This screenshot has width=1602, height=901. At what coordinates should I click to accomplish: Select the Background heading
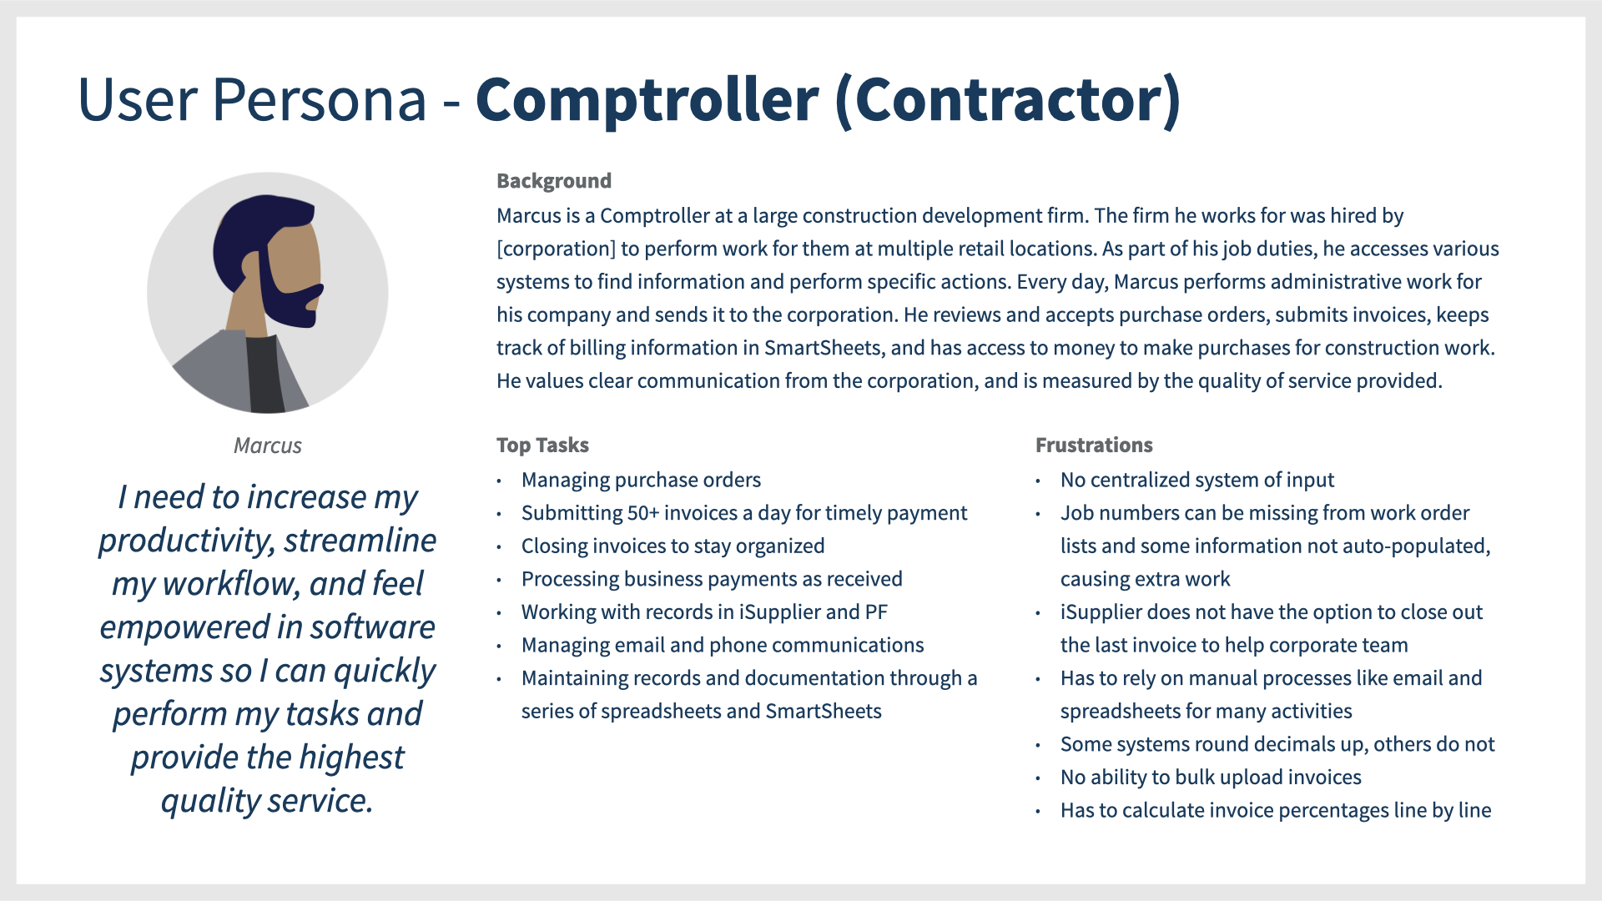(x=554, y=181)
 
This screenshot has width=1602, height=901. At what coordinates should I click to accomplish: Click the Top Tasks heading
(x=542, y=445)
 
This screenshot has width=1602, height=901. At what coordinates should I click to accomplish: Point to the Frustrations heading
(x=1094, y=445)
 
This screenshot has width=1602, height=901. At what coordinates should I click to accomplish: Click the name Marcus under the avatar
(x=267, y=445)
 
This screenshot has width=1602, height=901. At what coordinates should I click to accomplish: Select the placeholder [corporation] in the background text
(x=556, y=249)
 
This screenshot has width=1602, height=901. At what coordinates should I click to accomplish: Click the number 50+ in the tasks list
(x=642, y=513)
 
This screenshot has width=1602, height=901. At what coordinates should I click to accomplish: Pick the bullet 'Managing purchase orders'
(x=641, y=480)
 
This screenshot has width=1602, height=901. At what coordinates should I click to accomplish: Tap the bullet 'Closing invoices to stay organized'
(x=673, y=546)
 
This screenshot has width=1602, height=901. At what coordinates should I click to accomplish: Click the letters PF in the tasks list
(x=876, y=612)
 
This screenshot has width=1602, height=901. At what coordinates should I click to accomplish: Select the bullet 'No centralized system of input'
(x=1197, y=480)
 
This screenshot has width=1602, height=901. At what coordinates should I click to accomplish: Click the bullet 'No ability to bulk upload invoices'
(x=1211, y=778)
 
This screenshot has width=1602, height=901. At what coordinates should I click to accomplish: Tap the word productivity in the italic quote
(x=185, y=541)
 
